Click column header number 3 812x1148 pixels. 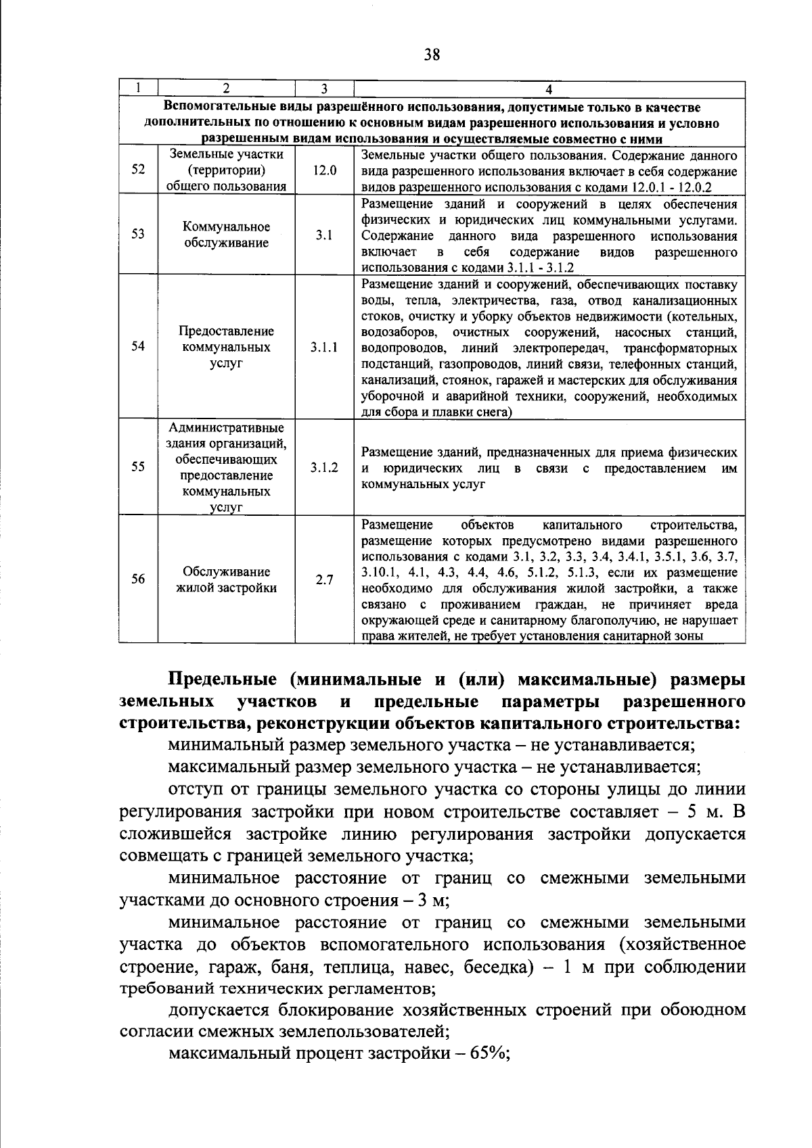tap(324, 89)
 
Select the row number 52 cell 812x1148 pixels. tap(138, 170)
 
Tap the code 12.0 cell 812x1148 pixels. tap(324, 170)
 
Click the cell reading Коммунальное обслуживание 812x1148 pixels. tap(227, 235)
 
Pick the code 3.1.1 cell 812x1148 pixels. tap(324, 347)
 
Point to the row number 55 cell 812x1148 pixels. tap(138, 467)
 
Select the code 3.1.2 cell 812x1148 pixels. tap(324, 467)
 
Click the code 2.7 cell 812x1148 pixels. tap(324, 579)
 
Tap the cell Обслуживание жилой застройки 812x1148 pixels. tap(227, 579)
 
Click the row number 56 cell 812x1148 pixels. tap(138, 579)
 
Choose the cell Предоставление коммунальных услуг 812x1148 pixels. tap(227, 347)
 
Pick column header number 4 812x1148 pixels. tap(549, 89)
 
